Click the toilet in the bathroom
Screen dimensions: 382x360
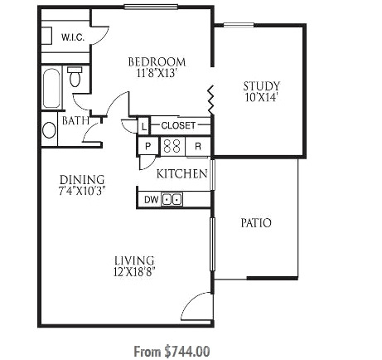pyautogui.click(x=75, y=76)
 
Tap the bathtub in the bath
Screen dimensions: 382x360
pyautogui.click(x=51, y=88)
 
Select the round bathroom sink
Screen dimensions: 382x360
pyautogui.click(x=49, y=130)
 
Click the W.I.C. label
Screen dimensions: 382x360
pyautogui.click(x=73, y=37)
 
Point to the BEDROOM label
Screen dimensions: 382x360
pyautogui.click(x=157, y=61)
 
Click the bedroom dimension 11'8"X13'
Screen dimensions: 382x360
pyautogui.click(x=157, y=73)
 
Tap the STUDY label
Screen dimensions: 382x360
pyautogui.click(x=262, y=86)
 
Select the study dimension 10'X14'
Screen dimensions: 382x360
pyautogui.click(x=261, y=97)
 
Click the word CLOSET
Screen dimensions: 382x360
pyautogui.click(x=178, y=125)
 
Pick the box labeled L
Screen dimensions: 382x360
pyautogui.click(x=143, y=126)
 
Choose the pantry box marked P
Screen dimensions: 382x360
pyautogui.click(x=148, y=146)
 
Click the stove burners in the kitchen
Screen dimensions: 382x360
pyautogui.click(x=172, y=145)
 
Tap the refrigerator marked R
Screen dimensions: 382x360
pyautogui.click(x=198, y=146)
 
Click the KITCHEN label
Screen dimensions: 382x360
pyautogui.click(x=182, y=174)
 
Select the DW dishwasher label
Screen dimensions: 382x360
pyautogui.click(x=152, y=200)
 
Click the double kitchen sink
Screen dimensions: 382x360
pyautogui.click(x=172, y=199)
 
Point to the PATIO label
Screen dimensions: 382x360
pyautogui.click(x=256, y=223)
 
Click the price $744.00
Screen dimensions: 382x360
pyautogui.click(x=187, y=352)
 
